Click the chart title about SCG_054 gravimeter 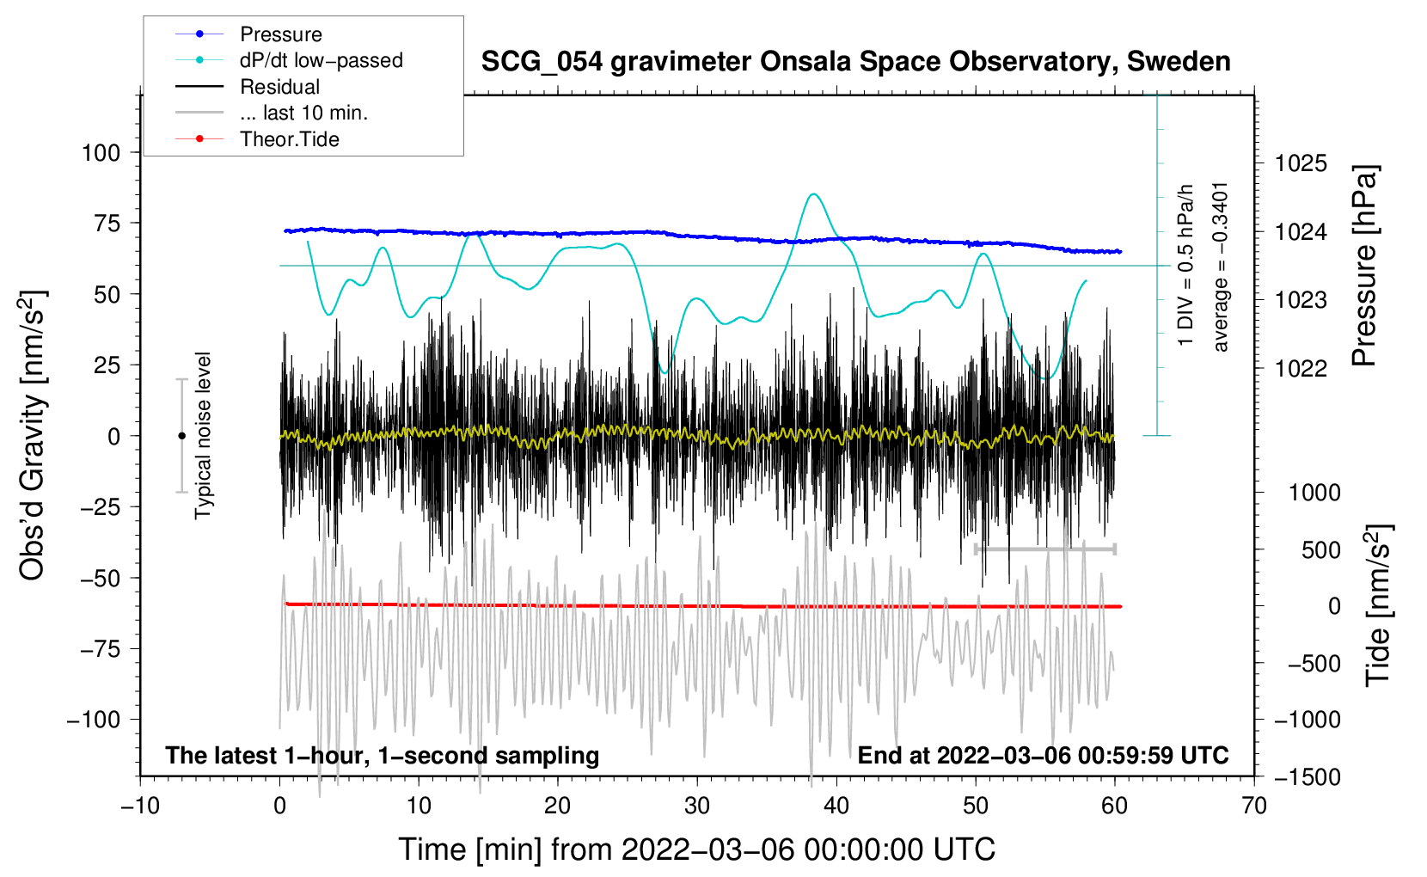[855, 62]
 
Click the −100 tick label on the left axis [94, 720]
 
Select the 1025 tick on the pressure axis [1301, 164]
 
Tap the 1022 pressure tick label [1301, 368]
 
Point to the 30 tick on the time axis [697, 806]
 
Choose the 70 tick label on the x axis [1253, 806]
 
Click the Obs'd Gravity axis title [32, 436]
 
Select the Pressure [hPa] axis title [1364, 266]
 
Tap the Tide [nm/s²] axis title [1379, 605]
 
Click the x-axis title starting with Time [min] [696, 849]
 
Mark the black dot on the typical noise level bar [181, 436]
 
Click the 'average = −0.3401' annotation [1220, 267]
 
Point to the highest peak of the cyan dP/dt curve [813, 193]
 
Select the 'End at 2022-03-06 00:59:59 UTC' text [1043, 755]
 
